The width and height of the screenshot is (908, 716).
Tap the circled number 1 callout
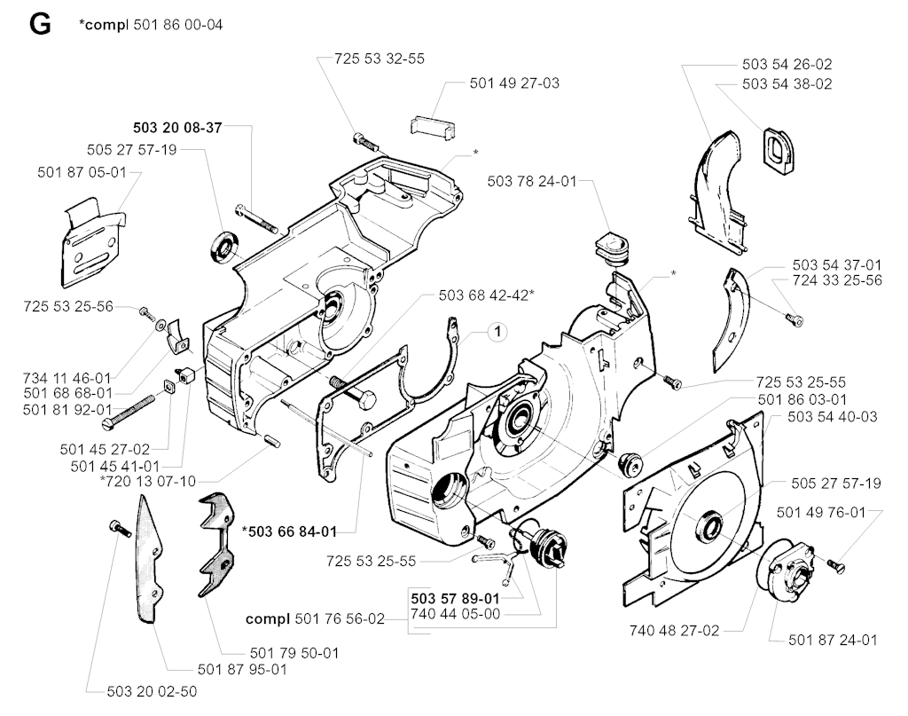[x=498, y=333]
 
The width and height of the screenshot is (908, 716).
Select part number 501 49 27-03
[x=514, y=83]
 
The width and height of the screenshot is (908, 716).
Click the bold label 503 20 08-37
[x=176, y=128]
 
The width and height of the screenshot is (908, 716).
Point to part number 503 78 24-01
[x=531, y=182]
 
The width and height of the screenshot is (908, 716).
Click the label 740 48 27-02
[x=674, y=631]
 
